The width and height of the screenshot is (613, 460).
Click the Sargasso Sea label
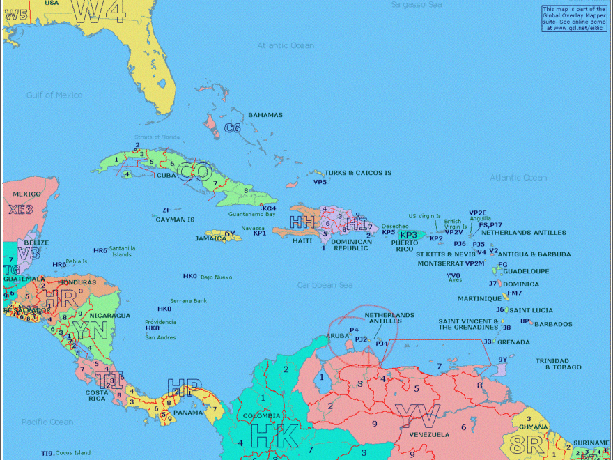pyautogui.click(x=417, y=4)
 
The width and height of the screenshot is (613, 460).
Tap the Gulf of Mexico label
pyautogui.click(x=54, y=95)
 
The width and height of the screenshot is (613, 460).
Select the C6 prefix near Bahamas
pyautogui.click(x=233, y=128)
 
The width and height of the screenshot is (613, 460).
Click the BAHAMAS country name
pyautogui.click(x=265, y=115)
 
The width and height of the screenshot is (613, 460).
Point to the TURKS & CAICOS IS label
pyautogui.click(x=358, y=173)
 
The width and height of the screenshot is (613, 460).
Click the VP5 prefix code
pyautogui.click(x=320, y=182)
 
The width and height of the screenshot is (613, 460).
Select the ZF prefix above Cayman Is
pyautogui.click(x=166, y=210)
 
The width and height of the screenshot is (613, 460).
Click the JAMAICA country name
pyautogui.click(x=210, y=238)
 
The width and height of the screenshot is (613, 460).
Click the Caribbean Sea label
pyautogui.click(x=325, y=285)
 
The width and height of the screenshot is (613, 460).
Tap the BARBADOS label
pyautogui.click(x=553, y=324)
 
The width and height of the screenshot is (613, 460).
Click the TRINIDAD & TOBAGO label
pyautogui.click(x=557, y=364)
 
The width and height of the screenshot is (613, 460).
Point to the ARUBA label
pyautogui.click(x=338, y=336)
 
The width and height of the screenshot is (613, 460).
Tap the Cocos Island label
pyautogui.click(x=73, y=453)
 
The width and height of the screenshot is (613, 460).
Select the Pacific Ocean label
pyautogui.click(x=47, y=422)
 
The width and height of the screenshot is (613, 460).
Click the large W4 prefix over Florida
pyautogui.click(x=100, y=10)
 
